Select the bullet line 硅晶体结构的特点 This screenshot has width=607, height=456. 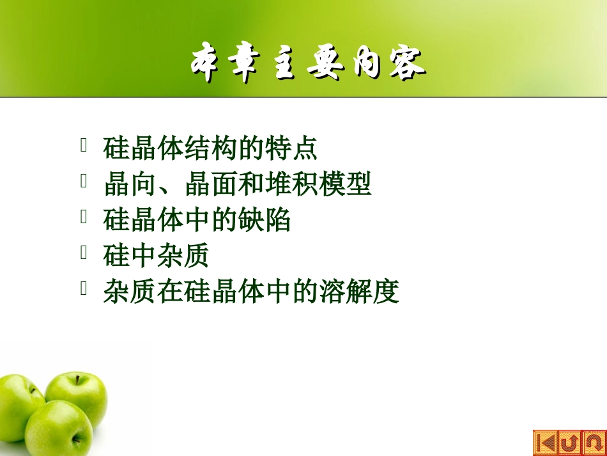tap(210, 148)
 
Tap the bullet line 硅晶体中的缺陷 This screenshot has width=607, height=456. tap(197, 220)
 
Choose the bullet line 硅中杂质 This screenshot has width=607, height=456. tap(156, 256)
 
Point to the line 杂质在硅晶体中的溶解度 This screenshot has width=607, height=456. tap(251, 292)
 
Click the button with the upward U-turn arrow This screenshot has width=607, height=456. tap(570, 443)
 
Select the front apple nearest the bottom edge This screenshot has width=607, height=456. tap(59, 428)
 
